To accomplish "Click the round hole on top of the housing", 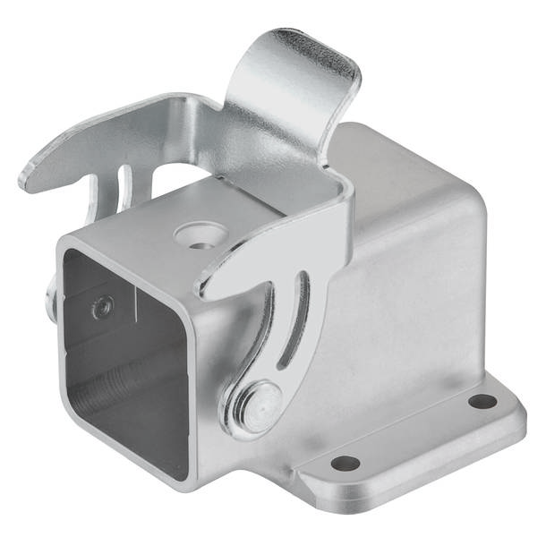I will pyautogui.click(x=195, y=235).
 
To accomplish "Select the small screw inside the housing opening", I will pyautogui.click(x=101, y=307).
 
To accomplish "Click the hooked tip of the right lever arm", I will pyautogui.click(x=208, y=286).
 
